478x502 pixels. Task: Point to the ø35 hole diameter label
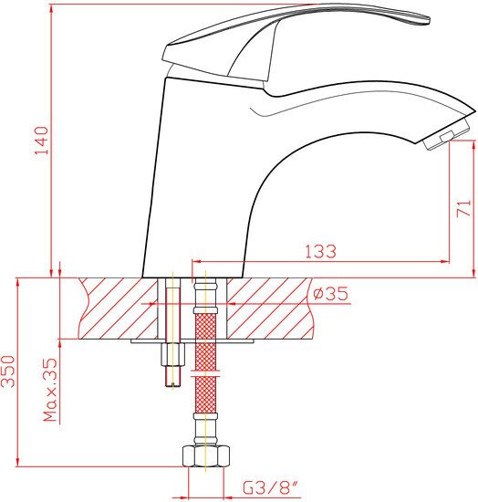pyautogui.click(x=330, y=294)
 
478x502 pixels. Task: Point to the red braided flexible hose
pyautogui.click(x=206, y=338)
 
